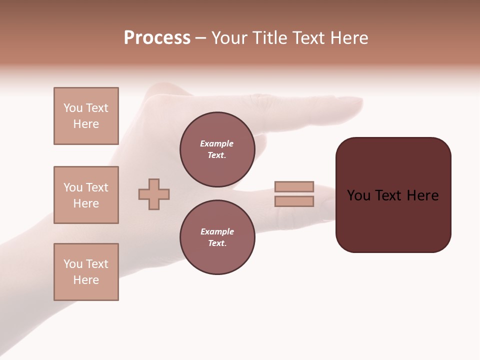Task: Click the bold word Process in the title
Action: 157,38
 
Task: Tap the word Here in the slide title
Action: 348,38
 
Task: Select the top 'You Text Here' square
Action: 86,116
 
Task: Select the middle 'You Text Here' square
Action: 86,195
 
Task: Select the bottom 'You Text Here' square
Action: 86,272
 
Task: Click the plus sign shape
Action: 154,194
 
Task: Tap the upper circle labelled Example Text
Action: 217,149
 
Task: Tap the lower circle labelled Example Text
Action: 217,237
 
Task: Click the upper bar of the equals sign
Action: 294,186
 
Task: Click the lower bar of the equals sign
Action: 294,201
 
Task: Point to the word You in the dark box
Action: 358,195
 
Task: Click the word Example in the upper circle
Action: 216,143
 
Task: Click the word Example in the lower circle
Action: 217,231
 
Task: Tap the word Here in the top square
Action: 86,124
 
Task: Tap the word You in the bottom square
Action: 73,264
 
